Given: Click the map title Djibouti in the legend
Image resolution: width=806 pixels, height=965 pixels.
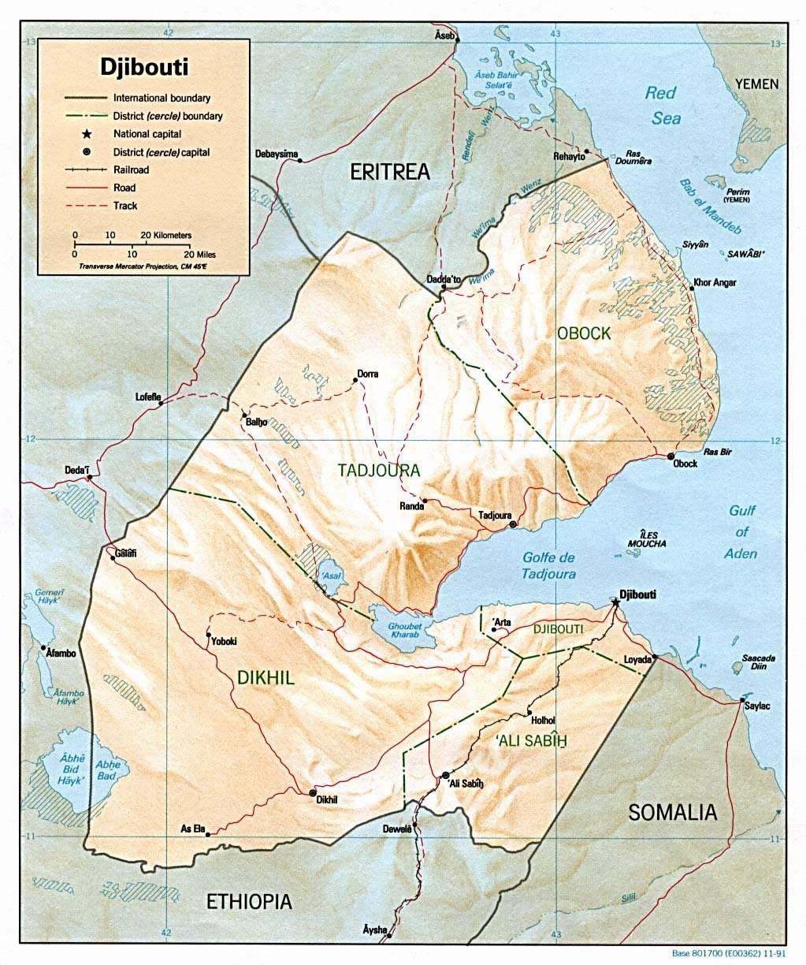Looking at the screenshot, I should [143, 66].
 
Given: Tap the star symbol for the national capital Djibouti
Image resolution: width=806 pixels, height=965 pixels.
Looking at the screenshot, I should [615, 602].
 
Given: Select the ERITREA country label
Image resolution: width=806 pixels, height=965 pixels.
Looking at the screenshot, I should [390, 172].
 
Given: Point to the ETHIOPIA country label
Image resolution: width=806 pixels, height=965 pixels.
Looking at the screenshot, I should [249, 902].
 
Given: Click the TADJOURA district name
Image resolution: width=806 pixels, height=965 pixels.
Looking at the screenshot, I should [379, 471].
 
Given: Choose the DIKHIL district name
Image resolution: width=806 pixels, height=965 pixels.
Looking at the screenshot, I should [266, 677].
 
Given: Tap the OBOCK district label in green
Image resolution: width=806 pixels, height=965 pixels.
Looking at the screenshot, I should [583, 333].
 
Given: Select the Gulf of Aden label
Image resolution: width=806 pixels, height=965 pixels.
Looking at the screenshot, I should [741, 532].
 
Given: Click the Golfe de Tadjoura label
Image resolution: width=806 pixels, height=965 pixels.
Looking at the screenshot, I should [549, 567].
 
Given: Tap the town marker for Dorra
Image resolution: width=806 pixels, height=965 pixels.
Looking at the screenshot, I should [355, 380].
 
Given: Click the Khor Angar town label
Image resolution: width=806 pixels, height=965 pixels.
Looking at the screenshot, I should [714, 282].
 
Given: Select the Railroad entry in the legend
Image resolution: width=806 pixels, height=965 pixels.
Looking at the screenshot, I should [131, 170].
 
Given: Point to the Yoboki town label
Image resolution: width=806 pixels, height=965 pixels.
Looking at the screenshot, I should [224, 642].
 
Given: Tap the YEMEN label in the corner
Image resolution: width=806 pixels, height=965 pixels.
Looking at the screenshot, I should [756, 84].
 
